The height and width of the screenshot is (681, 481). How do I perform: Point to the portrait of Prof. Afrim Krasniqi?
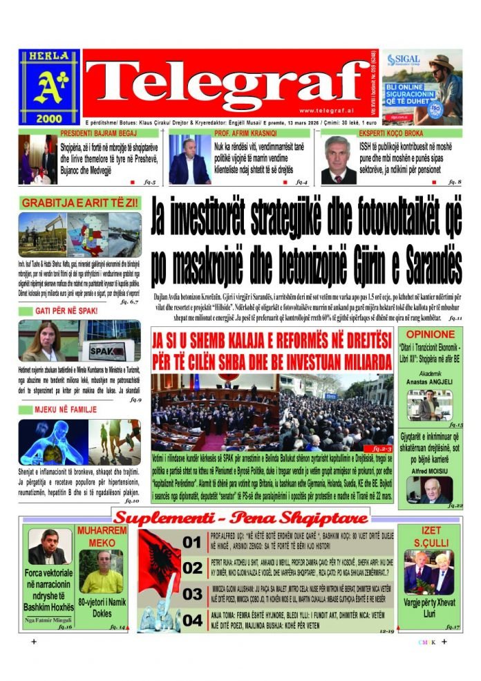[189, 160]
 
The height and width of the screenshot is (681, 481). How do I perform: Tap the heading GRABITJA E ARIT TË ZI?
[80, 203]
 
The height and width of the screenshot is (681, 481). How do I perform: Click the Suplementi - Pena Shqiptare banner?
[240, 518]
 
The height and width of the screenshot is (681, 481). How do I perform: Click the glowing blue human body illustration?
[52, 441]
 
